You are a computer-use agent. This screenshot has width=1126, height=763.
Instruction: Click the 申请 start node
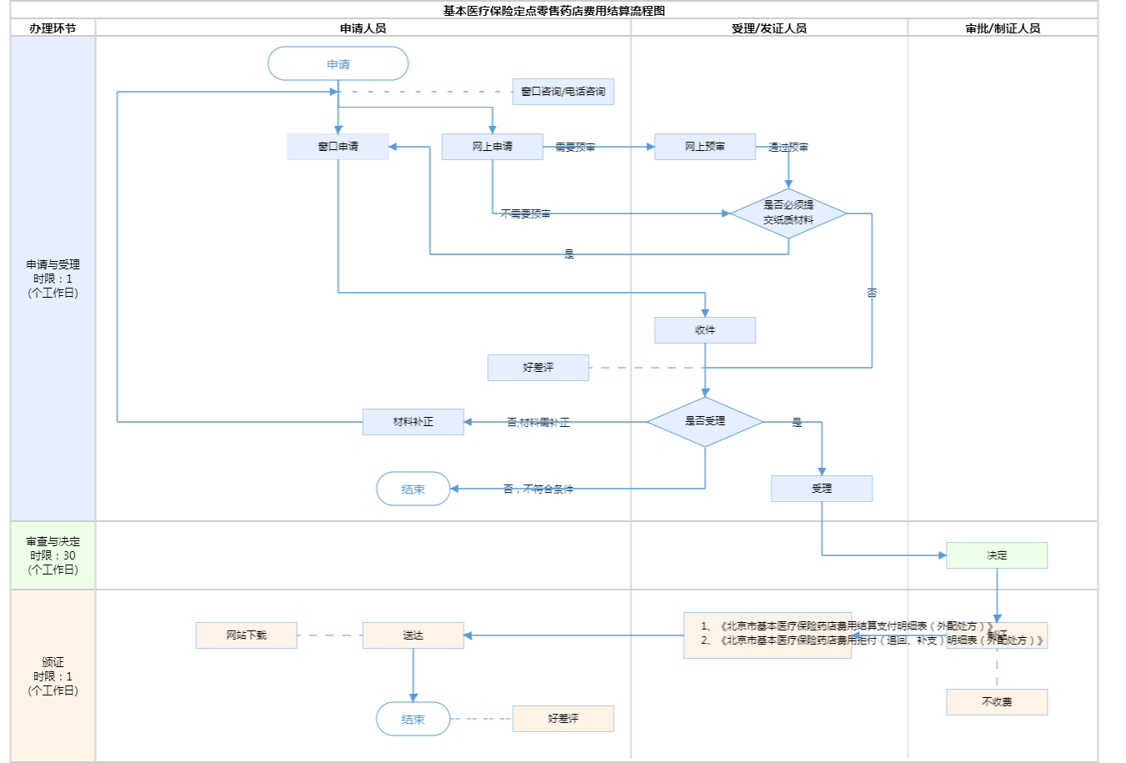point(338,64)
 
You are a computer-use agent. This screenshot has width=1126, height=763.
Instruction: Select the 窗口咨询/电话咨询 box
point(563,92)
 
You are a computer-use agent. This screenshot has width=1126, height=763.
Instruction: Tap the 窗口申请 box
point(338,147)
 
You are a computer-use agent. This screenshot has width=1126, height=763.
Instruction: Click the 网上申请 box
point(492,147)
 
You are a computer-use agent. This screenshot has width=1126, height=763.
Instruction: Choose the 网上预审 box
point(705,147)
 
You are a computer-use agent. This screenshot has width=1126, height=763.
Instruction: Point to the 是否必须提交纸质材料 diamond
point(788,213)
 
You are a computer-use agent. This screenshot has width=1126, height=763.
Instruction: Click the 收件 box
point(705,330)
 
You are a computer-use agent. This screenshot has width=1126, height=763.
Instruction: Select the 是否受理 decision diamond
point(705,421)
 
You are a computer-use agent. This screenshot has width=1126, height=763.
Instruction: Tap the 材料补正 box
point(413,422)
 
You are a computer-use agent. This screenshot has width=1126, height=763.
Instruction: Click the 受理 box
point(822,489)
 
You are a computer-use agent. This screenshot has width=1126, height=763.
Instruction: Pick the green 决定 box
point(997,555)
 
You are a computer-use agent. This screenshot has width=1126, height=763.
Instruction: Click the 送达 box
point(413,635)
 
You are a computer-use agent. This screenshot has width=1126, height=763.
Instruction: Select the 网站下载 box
point(246,635)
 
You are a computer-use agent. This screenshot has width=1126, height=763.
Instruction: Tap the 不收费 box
point(997,702)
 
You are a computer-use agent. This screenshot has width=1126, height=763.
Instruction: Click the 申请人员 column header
point(363,28)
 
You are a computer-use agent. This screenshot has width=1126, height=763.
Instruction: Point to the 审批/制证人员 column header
point(1003,28)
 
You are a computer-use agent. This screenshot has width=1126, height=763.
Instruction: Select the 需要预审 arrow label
point(575,148)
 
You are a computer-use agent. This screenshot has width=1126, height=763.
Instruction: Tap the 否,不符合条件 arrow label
point(538,489)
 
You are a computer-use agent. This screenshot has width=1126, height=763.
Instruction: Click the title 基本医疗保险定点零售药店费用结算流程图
point(554,11)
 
